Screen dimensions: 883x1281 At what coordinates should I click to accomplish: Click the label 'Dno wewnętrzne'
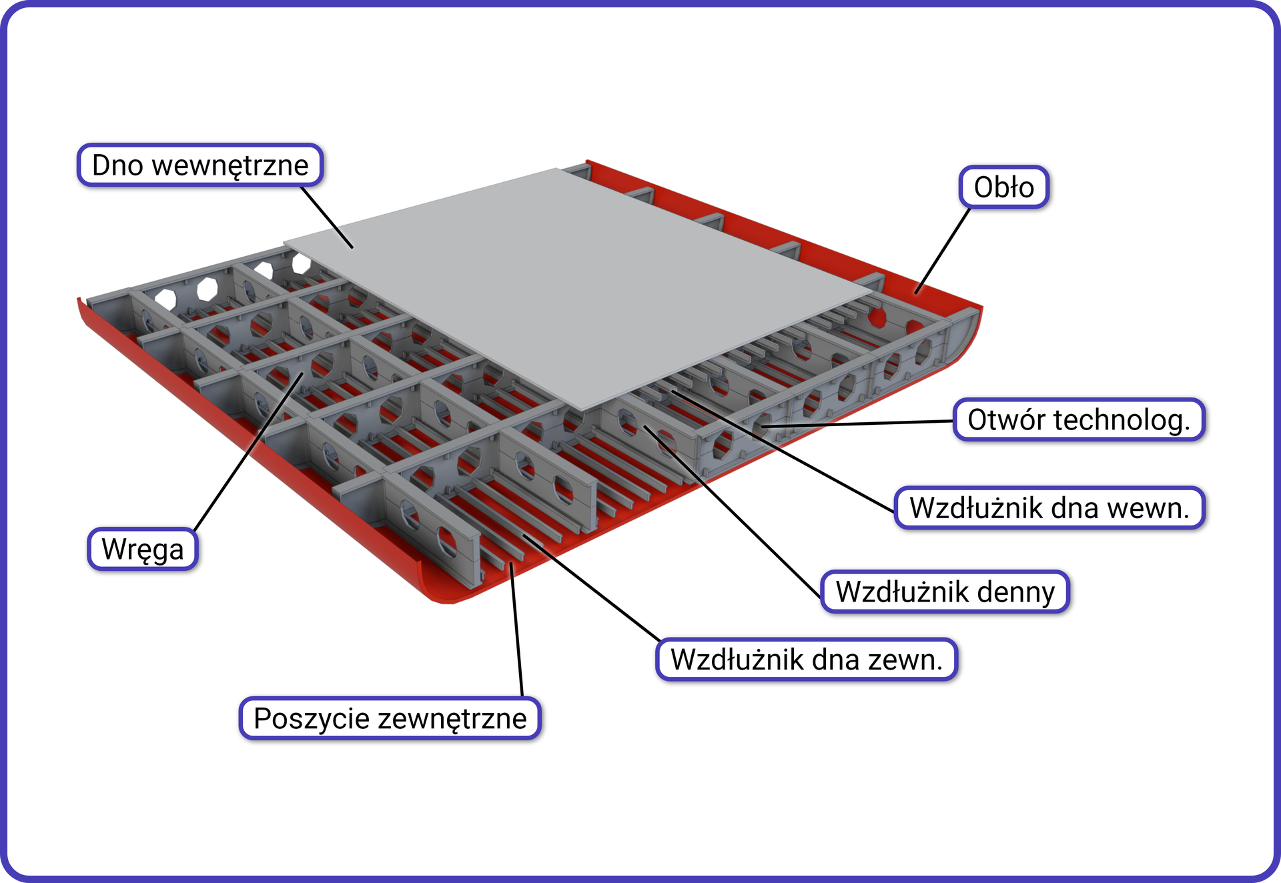[200, 165]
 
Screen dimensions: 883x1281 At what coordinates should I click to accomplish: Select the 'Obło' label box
[1003, 187]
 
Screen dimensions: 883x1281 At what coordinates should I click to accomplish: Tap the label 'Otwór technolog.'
[1078, 420]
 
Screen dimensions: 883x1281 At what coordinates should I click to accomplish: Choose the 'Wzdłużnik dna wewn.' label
[1049, 508]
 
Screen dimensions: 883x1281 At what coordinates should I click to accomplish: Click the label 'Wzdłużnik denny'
[945, 592]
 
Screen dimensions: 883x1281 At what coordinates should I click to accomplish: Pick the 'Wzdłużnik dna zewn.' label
[806, 660]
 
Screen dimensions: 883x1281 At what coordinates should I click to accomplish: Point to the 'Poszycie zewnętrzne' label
[390, 718]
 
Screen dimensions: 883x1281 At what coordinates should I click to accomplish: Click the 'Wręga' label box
[142, 550]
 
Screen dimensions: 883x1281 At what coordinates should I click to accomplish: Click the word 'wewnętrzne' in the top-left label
[230, 165]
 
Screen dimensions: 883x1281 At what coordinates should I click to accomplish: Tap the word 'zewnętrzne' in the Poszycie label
[453, 719]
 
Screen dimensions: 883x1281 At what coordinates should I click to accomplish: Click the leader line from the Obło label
[943, 250]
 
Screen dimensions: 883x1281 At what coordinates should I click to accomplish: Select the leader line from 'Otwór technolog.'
[861, 423]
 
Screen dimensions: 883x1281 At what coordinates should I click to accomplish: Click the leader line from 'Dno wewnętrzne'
[327, 217]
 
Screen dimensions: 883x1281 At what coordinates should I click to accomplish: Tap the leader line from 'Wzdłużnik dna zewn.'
[590, 587]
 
